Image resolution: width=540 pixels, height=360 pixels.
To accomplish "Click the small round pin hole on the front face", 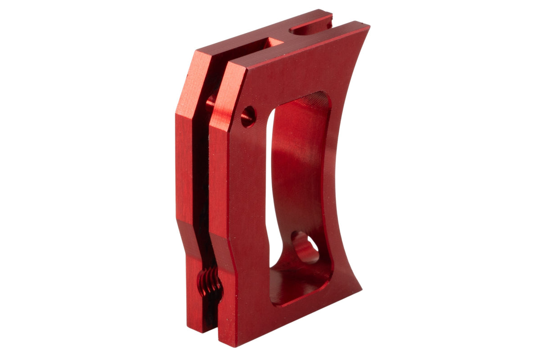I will click(248, 116).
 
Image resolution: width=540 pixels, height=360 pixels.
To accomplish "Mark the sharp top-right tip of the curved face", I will click(369, 27).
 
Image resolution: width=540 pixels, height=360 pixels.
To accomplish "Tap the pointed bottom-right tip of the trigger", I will click(361, 289).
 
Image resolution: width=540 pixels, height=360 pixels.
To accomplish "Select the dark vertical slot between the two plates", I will click(202, 180).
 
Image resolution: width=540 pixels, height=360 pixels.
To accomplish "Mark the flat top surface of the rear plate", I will click(252, 34).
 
